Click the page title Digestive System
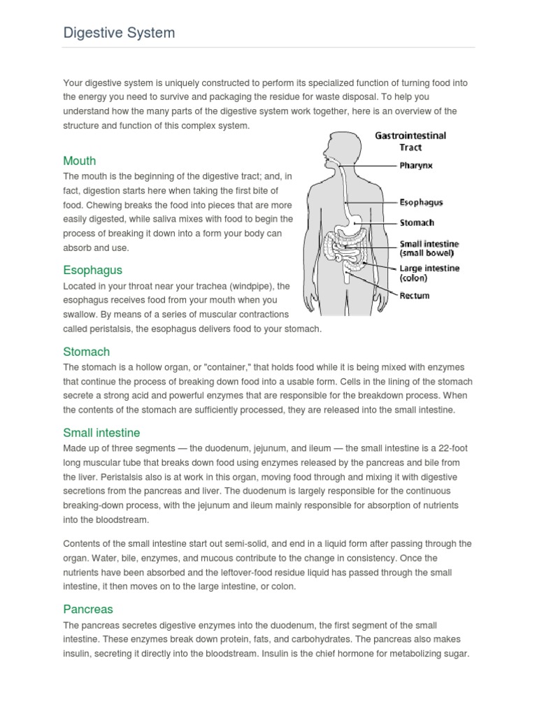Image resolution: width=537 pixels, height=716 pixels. tap(119, 33)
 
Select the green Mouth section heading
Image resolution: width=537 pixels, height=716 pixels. tap(79, 161)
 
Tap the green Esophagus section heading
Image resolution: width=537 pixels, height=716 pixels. tap(92, 270)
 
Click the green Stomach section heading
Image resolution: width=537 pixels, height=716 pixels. tap(86, 352)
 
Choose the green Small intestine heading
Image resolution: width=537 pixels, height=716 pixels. tap(101, 433)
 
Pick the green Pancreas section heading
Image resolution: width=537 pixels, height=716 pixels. tap(87, 609)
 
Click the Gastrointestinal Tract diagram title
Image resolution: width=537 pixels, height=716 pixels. tap(410, 141)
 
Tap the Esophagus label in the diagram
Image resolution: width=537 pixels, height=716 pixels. tap(420, 203)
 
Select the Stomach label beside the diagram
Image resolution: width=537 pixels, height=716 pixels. tap(417, 223)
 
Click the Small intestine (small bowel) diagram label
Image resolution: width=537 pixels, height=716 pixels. tap(427, 249)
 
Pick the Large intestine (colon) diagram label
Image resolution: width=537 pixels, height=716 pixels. tap(429, 273)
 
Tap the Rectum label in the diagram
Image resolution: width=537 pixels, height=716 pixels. tap(414, 296)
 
